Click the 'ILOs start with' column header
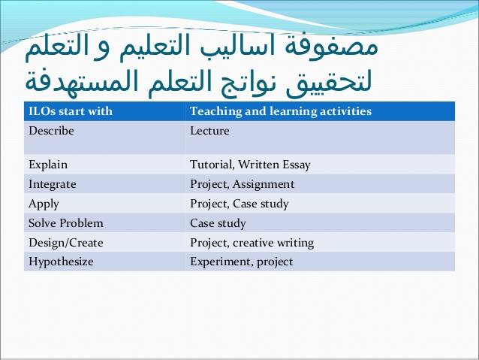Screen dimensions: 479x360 [x=71, y=111]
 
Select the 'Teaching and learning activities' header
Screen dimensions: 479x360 [x=281, y=111]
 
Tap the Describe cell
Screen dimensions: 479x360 [x=51, y=131]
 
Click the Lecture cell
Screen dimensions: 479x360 [x=209, y=131]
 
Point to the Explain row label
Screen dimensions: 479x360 [x=48, y=165]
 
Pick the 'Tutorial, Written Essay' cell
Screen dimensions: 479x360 [x=250, y=165]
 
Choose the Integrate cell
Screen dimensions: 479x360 [x=53, y=184]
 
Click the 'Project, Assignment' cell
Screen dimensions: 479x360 [x=243, y=184]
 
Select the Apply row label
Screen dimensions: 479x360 [x=44, y=204]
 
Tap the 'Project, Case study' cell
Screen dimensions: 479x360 [x=239, y=204]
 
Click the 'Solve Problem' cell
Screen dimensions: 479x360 [x=65, y=223]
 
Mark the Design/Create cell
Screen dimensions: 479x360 [x=65, y=243]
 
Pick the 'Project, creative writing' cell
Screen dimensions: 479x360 [x=252, y=243]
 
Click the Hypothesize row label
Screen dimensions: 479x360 [x=61, y=262]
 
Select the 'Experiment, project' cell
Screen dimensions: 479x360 [x=241, y=262]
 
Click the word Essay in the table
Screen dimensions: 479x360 [x=297, y=165]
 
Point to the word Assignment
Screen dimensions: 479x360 [x=264, y=184]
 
